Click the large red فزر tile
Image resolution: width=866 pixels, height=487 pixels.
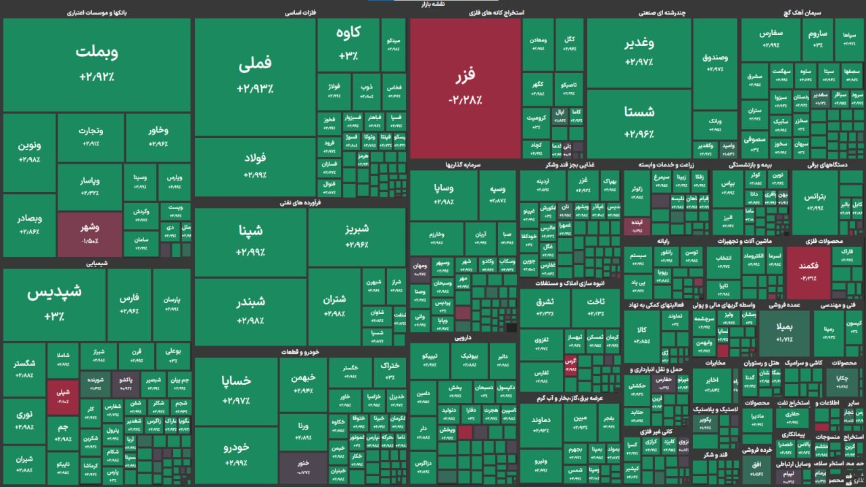[465, 87]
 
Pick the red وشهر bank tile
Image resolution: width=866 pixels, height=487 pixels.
[89, 234]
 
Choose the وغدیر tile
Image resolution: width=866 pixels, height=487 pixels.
[639, 52]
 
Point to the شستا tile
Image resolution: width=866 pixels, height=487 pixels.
[639, 122]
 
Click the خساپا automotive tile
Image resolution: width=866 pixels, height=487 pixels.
[236, 390]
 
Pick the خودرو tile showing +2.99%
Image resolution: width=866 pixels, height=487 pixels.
[236, 455]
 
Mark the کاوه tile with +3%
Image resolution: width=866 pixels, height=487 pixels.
[348, 44]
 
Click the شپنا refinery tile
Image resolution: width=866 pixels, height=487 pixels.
[250, 240]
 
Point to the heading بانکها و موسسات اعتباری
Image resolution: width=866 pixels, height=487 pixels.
[97, 12]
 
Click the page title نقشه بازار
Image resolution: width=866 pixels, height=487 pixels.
[433, 4]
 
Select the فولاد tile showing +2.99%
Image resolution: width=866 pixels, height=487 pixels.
[255, 166]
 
